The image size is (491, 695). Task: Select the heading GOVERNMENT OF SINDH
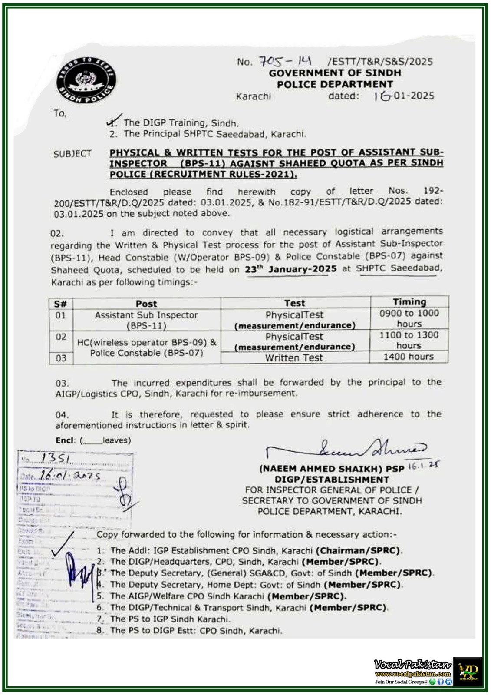click(335, 73)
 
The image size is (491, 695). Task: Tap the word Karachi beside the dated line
click(253, 96)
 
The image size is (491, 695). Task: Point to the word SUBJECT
click(72, 154)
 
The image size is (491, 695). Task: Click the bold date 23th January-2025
click(290, 269)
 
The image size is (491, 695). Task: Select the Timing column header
click(409, 302)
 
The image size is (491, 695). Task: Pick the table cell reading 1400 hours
click(408, 357)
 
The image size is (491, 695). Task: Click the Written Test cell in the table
click(294, 358)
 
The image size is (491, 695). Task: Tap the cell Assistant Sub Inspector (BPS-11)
click(146, 320)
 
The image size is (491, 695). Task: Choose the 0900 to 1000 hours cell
click(409, 318)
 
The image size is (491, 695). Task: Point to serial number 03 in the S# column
click(61, 358)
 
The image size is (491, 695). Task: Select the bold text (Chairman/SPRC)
click(359, 550)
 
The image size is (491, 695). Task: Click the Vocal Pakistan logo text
click(412, 665)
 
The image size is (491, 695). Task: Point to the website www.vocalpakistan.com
click(412, 674)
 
